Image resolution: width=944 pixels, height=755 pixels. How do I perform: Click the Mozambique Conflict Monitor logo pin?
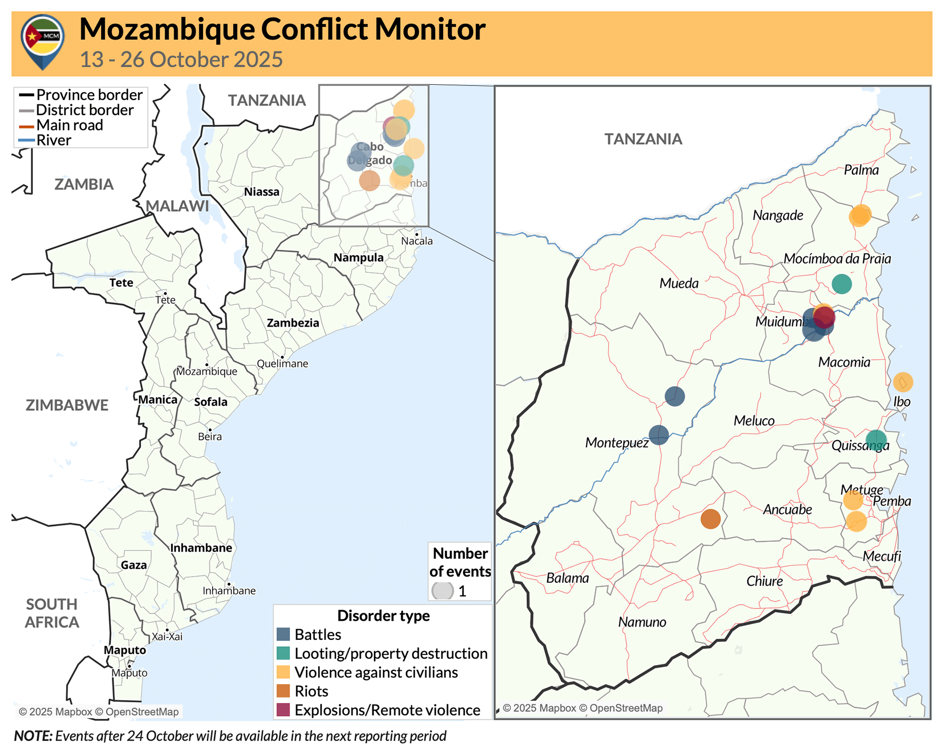click(x=43, y=42)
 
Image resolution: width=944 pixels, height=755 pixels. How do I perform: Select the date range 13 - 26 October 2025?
click(x=181, y=60)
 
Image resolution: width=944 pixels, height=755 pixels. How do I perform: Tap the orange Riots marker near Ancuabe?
click(x=710, y=518)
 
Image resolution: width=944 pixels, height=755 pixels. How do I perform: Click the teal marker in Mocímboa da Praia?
click(x=841, y=284)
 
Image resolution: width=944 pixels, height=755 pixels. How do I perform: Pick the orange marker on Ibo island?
click(x=902, y=382)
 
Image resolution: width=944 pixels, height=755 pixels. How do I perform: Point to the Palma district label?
click(x=861, y=171)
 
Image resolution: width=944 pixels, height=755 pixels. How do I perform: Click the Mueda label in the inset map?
click(x=679, y=283)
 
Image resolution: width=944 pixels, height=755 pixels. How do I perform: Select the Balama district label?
click(x=567, y=578)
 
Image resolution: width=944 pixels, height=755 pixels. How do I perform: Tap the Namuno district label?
click(x=642, y=622)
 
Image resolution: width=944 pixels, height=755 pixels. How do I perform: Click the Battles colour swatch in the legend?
click(x=283, y=635)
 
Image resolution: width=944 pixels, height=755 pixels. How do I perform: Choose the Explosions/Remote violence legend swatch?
click(x=283, y=710)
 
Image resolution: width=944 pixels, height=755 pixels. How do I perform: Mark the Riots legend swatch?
click(x=283, y=691)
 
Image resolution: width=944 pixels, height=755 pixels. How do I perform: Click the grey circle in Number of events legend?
click(x=443, y=591)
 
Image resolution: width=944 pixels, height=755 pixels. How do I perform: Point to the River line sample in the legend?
click(x=27, y=141)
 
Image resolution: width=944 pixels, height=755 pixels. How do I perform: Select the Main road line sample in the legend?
click(x=27, y=126)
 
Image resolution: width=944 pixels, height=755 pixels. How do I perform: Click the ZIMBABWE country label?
click(x=67, y=405)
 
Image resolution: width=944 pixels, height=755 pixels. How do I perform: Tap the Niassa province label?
click(x=262, y=192)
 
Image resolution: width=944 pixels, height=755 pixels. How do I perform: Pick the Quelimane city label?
click(x=282, y=364)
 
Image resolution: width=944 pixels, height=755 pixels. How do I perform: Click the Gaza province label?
click(x=134, y=565)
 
